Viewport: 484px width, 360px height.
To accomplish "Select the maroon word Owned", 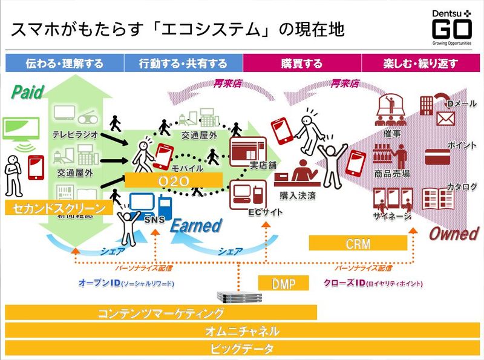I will pyautogui.click(x=454, y=234).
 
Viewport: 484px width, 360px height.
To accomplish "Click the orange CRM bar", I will pyautogui.click(x=358, y=243).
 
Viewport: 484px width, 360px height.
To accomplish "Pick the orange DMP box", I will pyautogui.click(x=283, y=283).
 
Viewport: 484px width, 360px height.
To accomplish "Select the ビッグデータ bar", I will pyautogui.click(x=242, y=349).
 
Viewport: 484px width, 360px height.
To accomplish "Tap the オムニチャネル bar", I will pyautogui.click(x=242, y=330).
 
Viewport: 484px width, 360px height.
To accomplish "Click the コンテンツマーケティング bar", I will pyautogui.click(x=161, y=313).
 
